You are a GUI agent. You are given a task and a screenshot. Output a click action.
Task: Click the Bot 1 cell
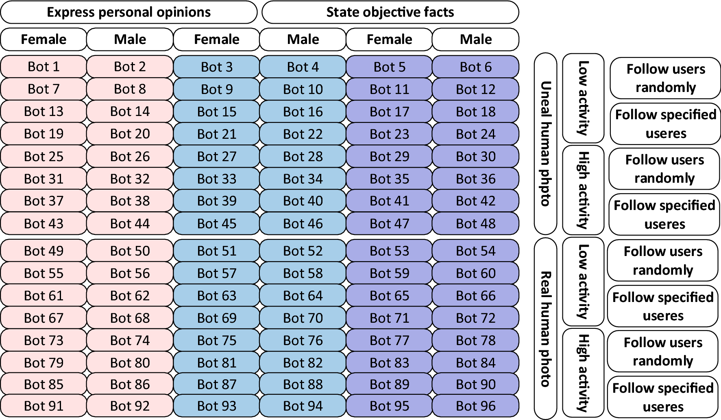click(44, 66)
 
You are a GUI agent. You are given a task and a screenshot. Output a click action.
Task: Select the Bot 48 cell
click(475, 223)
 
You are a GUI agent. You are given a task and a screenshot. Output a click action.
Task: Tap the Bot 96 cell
click(475, 406)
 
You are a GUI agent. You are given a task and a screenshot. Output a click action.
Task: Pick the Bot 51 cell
click(216, 251)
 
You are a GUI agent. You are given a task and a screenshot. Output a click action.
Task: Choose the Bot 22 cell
click(303, 134)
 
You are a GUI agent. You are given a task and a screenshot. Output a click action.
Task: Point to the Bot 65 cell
click(389, 295)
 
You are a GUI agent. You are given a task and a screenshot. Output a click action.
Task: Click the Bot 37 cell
click(44, 201)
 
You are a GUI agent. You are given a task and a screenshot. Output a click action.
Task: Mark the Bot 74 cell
click(130, 340)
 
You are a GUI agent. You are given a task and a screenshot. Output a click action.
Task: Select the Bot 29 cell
click(389, 156)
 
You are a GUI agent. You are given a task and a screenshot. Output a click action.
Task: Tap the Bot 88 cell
click(303, 384)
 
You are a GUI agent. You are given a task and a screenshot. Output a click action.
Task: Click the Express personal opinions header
click(129, 12)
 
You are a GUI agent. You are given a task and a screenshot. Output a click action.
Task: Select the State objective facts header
click(390, 12)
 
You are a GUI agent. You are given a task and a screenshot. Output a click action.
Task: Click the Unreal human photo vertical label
click(545, 143)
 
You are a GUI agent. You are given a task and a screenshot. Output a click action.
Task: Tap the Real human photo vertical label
click(545, 328)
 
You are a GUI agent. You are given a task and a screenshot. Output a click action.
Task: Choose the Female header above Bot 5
click(389, 39)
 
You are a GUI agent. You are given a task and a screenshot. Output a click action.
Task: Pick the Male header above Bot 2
click(130, 39)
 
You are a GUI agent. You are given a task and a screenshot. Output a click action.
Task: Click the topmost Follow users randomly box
click(665, 78)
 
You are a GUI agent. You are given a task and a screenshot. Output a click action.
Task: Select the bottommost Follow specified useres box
click(663, 397)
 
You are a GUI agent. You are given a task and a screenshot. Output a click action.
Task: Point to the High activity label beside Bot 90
click(583, 372)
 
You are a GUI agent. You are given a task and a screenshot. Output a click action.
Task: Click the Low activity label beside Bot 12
click(583, 98)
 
